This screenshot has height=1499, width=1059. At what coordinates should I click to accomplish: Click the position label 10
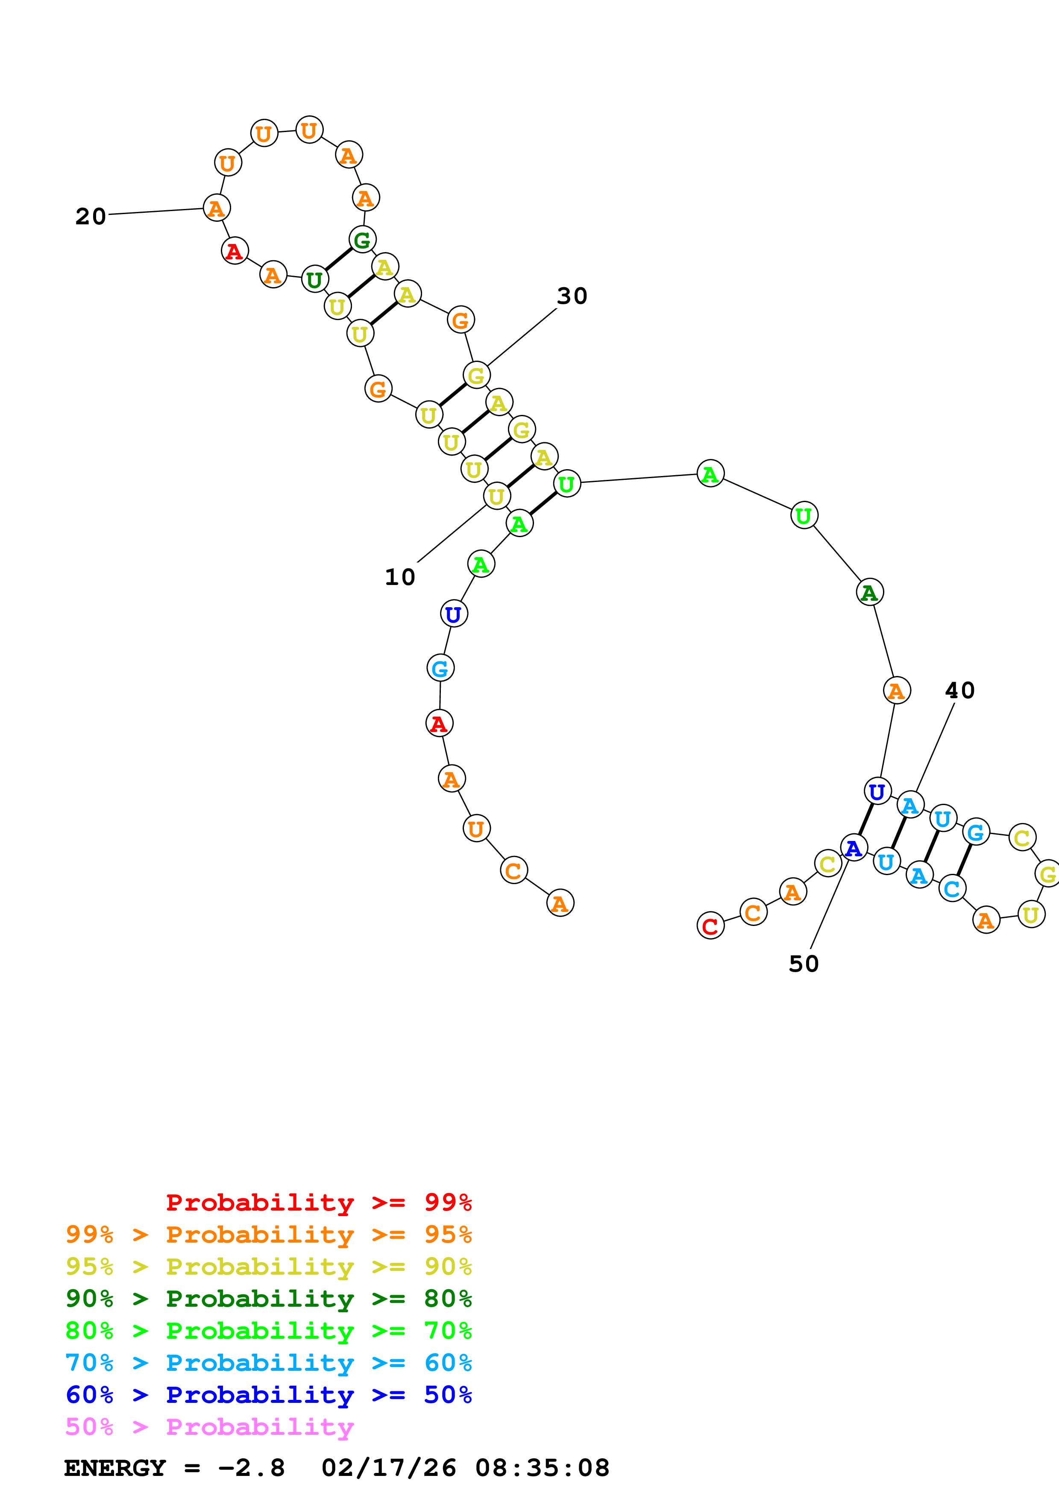click(x=400, y=577)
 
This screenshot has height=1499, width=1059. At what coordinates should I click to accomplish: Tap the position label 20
click(x=91, y=216)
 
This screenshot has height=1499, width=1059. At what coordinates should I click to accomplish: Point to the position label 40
click(x=960, y=690)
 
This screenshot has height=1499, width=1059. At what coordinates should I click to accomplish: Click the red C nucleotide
click(x=710, y=926)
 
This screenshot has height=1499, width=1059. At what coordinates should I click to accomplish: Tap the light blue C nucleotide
click(x=952, y=888)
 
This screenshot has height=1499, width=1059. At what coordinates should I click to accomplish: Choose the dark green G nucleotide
click(x=363, y=240)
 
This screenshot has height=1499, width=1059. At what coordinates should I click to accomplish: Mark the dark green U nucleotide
click(x=314, y=279)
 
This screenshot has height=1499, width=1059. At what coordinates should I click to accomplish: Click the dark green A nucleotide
click(x=869, y=592)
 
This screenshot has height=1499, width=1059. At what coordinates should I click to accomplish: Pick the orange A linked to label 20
click(x=216, y=208)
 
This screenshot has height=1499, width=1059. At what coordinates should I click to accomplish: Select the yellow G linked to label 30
click(x=476, y=376)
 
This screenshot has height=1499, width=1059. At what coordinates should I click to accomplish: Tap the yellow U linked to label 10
click(x=496, y=496)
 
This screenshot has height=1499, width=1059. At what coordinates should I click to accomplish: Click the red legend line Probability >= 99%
click(x=318, y=1202)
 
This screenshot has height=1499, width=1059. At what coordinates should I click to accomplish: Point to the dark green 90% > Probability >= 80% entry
click(x=269, y=1299)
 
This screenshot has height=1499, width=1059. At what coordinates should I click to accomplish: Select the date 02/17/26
click(x=389, y=1468)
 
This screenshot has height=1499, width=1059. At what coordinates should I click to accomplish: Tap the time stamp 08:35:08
click(x=542, y=1468)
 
